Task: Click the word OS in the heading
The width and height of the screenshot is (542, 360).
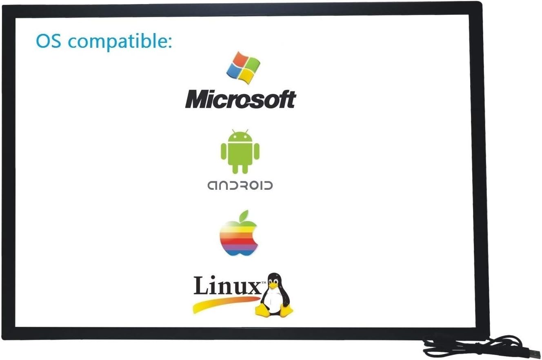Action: [x=48, y=41]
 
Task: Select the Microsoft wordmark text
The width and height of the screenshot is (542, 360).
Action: [x=240, y=99]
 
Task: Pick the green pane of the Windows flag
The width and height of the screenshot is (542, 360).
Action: [x=252, y=64]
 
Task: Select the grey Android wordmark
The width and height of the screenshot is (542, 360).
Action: [x=240, y=186]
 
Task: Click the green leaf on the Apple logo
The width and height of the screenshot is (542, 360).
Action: [x=244, y=216]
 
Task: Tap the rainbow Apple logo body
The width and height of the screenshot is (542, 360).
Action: [x=239, y=239]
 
